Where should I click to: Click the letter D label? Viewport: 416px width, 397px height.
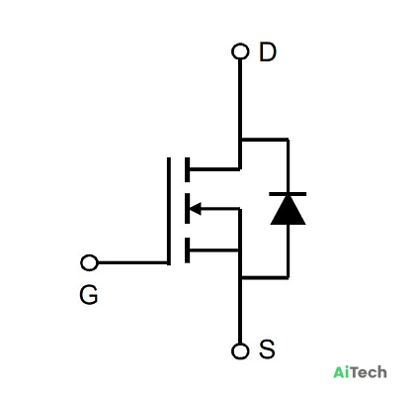coord(268,51)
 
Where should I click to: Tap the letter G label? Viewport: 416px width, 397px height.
coord(89,294)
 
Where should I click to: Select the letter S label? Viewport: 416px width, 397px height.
coord(267,349)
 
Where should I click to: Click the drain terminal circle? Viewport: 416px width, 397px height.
coord(240,51)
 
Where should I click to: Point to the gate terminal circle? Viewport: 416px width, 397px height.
coord(89,262)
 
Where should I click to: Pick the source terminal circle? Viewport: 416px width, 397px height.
coord(240,350)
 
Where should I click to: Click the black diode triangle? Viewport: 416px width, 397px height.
coord(288,211)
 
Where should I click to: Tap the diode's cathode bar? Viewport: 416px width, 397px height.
coord(288,194)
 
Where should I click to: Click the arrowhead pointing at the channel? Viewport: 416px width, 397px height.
coord(195,209)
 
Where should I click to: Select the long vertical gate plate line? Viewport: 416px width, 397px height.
coord(169,211)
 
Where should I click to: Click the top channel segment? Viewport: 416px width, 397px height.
coord(188,169)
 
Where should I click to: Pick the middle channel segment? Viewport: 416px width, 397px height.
coord(188,209)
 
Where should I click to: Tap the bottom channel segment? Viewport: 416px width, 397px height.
coord(188,250)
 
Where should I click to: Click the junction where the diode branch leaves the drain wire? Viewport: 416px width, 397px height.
coord(240,140)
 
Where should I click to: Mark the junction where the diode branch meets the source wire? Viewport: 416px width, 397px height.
coord(240,277)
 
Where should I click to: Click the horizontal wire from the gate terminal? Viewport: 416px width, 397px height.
coord(132,262)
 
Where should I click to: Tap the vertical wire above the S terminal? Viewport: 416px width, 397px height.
coord(240,310)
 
